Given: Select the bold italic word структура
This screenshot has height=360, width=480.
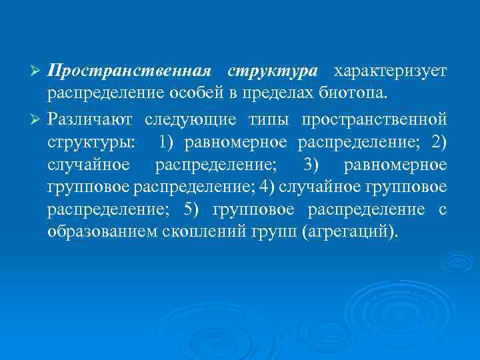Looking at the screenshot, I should coord(273,71).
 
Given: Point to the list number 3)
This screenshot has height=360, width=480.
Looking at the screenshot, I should coord(313,164).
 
